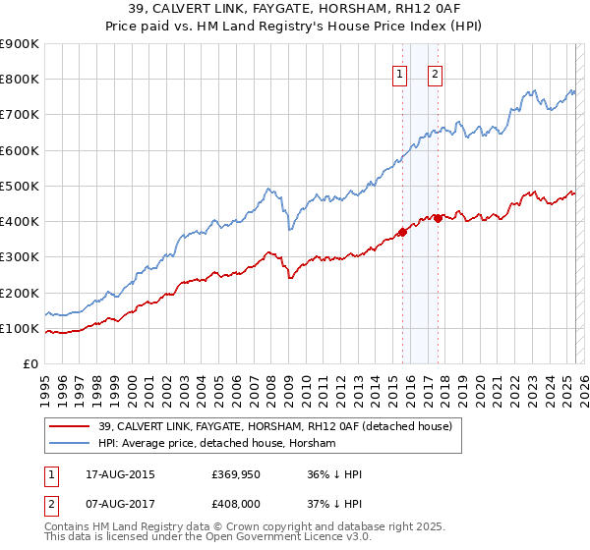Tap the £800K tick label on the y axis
(x=19, y=80)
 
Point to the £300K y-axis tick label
(x=19, y=257)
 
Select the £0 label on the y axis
(x=29, y=364)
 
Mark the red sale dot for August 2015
(x=402, y=232)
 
